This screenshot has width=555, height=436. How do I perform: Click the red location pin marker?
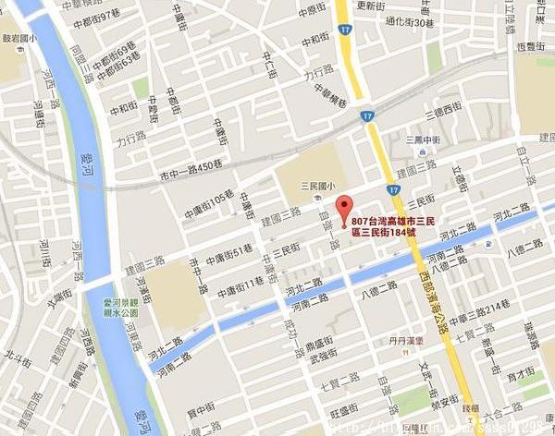coord(345,208)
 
